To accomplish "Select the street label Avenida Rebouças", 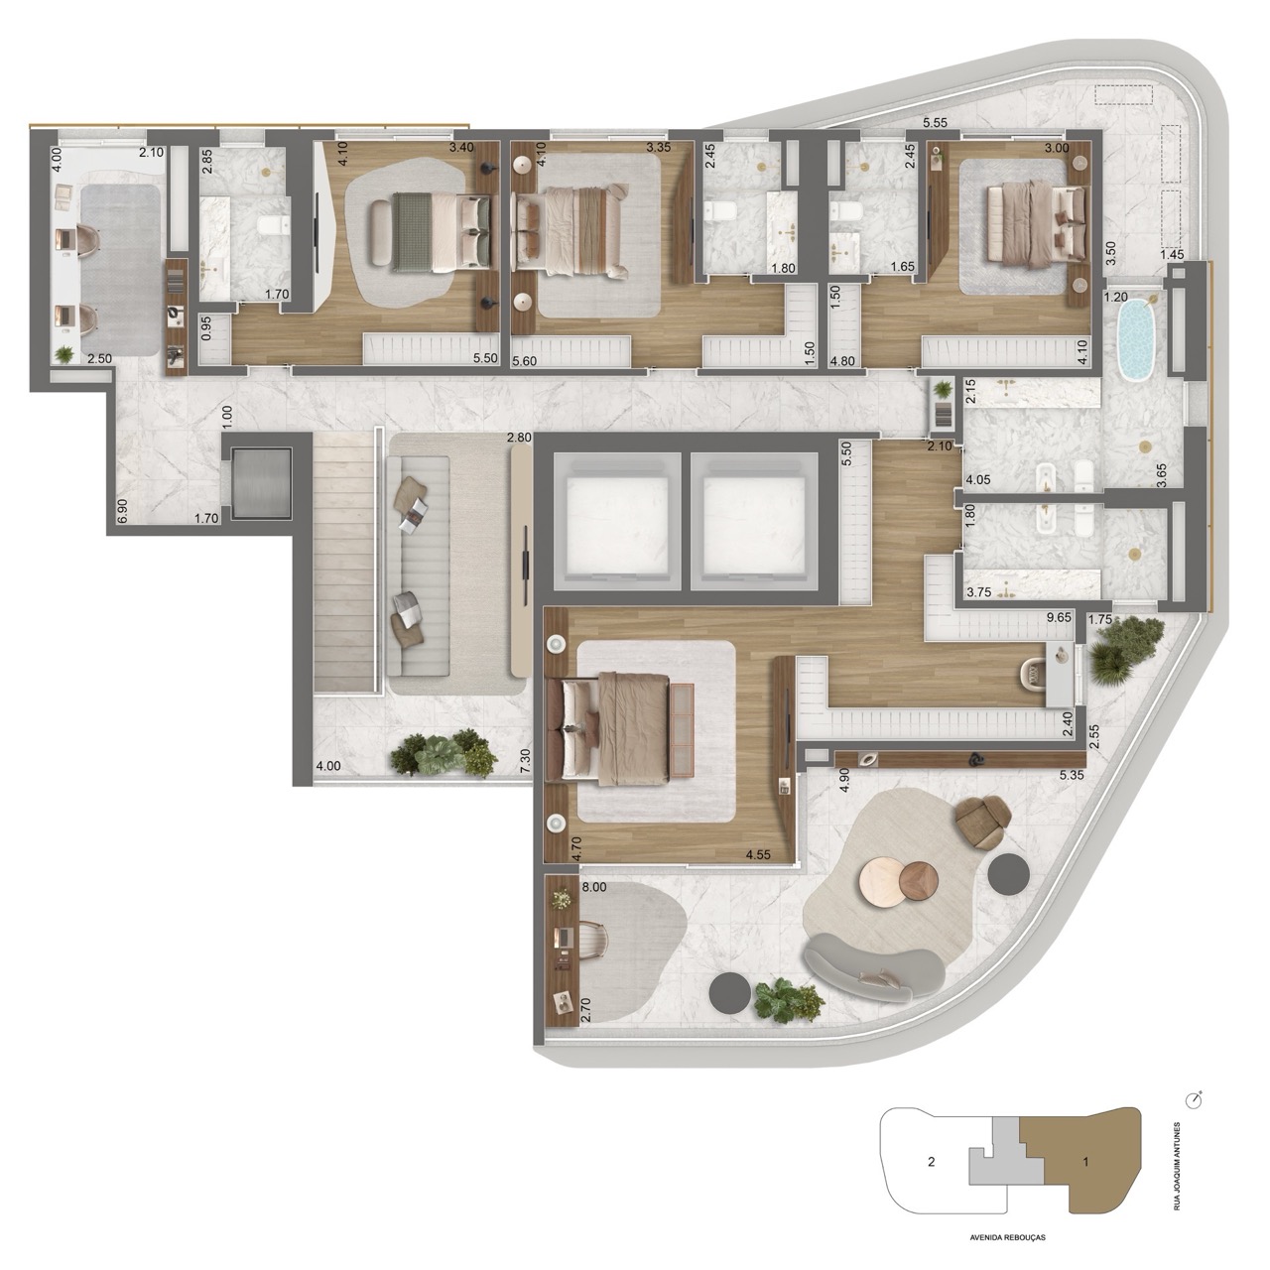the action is tap(1008, 1237).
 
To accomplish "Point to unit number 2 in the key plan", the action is tap(931, 1162).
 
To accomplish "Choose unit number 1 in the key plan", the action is tap(1085, 1162).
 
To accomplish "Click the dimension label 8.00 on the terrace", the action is tap(593, 887).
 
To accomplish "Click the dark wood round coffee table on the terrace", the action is tap(918, 881).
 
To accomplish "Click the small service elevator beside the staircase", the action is tap(261, 482).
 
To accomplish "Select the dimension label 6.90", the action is tap(122, 511).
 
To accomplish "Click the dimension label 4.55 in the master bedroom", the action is tap(759, 855).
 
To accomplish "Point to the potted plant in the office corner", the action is tap(64, 354).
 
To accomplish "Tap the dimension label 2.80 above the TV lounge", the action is tap(519, 437).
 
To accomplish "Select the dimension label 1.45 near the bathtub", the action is tap(1172, 254).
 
